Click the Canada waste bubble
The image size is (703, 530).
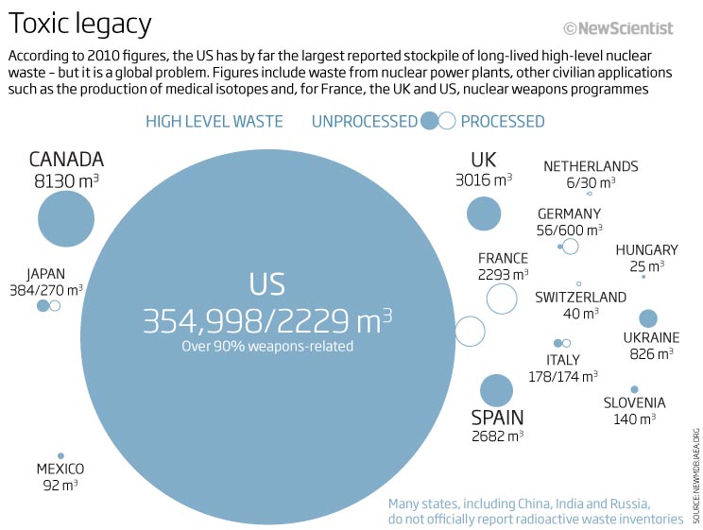[66, 218]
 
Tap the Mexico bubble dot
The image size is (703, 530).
[60, 455]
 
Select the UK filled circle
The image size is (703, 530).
[484, 213]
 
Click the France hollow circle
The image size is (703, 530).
[502, 299]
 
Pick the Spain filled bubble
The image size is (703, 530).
[496, 390]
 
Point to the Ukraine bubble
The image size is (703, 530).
[648, 318]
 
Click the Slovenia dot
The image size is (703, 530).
[634, 389]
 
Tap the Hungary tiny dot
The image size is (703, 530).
[643, 276]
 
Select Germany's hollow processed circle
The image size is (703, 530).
[570, 247]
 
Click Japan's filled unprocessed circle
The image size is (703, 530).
[43, 306]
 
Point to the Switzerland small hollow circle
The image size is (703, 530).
[579, 283]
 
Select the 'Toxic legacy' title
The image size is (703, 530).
[79, 24]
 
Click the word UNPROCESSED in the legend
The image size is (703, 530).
[364, 121]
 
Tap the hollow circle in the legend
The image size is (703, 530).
[447, 120]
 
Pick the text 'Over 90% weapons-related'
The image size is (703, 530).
[267, 347]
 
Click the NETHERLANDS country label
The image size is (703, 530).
[591, 166]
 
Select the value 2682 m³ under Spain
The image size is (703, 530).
[497, 436]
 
